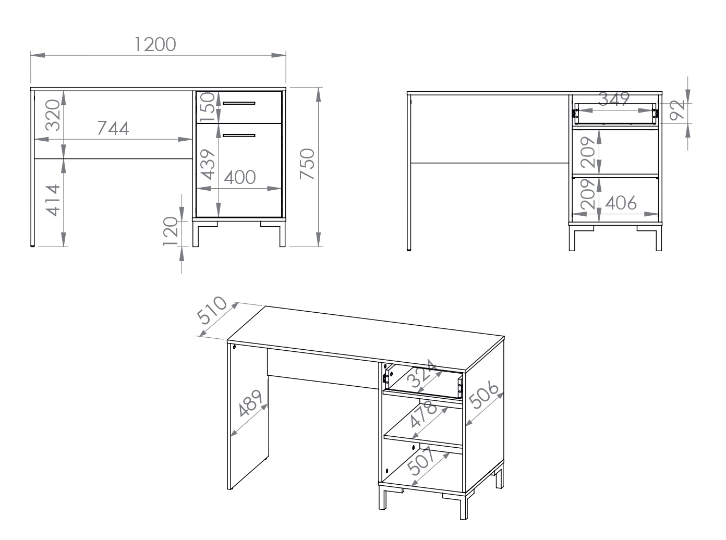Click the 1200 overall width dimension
coord(155,44)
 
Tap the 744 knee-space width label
coord(113,128)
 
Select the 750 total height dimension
coord(307,164)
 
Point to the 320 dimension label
coord(53,115)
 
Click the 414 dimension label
coord(53,200)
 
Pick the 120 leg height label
coord(171,231)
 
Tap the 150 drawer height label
coord(207,107)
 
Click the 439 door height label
coord(208,165)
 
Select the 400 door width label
coord(239,177)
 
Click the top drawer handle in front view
coord(239,103)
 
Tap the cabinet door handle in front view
coord(239,135)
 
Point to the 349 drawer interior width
coord(614,99)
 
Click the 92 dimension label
coord(677,110)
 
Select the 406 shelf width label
coord(621,203)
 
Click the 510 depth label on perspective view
coord(212,310)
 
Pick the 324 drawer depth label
coord(422,373)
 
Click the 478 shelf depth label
coord(423,414)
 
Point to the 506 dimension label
coord(483,395)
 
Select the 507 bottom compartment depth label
coord(421,461)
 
